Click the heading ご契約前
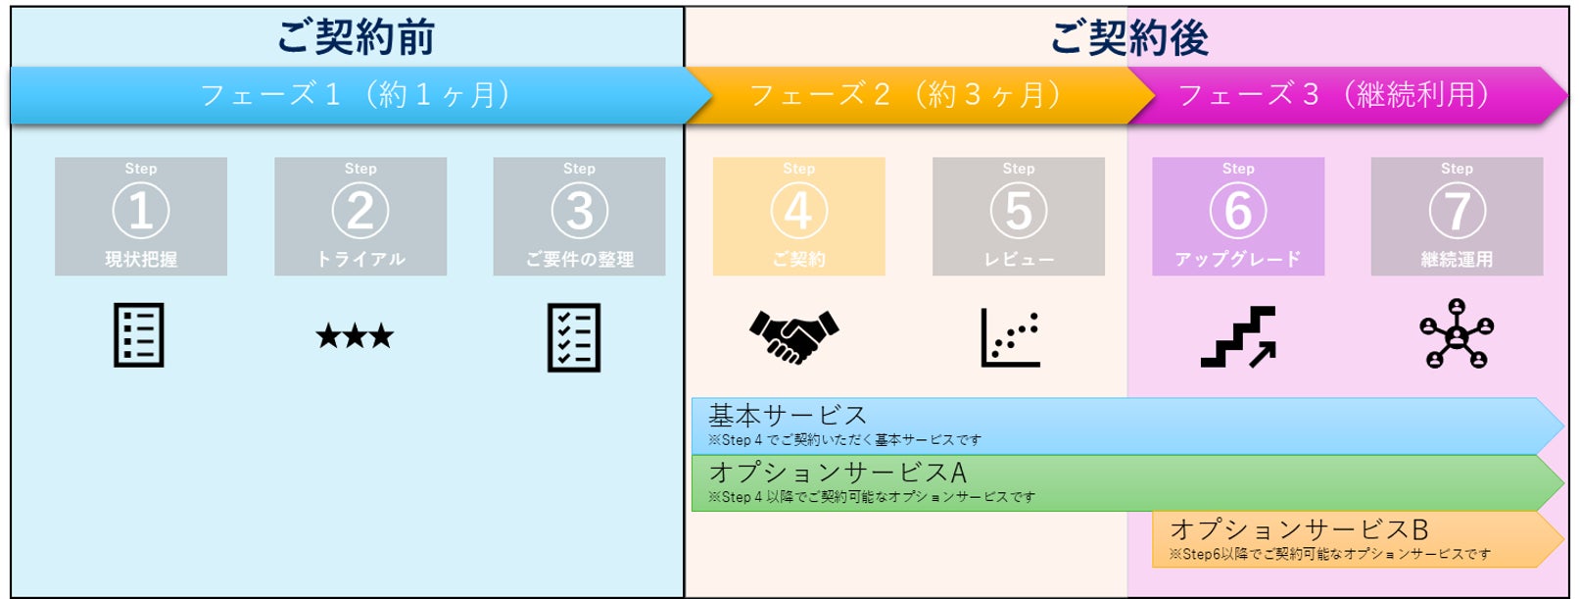pyautogui.click(x=356, y=37)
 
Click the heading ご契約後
pyautogui.click(x=1128, y=37)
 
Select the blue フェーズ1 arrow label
pyautogui.click(x=355, y=95)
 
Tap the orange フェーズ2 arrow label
pyautogui.click(x=905, y=95)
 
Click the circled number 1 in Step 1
pyautogui.click(x=141, y=211)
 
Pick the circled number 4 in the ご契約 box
pyautogui.click(x=798, y=211)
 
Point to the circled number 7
pyautogui.click(x=1457, y=211)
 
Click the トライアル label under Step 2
pyautogui.click(x=360, y=260)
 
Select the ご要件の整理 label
pyautogui.click(x=579, y=260)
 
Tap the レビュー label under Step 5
pyautogui.click(x=1019, y=260)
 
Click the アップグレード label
pyautogui.click(x=1238, y=260)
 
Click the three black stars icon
pyautogui.click(x=355, y=337)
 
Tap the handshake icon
pyautogui.click(x=793, y=336)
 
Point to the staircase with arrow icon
pyautogui.click(x=1238, y=337)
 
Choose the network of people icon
pyautogui.click(x=1457, y=336)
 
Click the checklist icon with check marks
pyautogui.click(x=574, y=338)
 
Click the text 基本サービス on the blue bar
pyautogui.click(x=788, y=416)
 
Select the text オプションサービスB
pyautogui.click(x=1299, y=530)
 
